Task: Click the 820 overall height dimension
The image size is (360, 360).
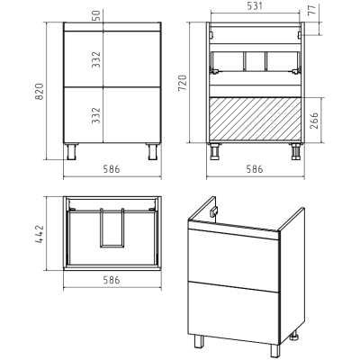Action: point(40,92)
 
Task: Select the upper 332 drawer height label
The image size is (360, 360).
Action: point(96,59)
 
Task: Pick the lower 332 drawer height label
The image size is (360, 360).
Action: point(96,115)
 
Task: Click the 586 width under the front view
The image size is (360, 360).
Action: point(112,169)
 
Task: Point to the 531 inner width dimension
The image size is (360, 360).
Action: point(254,5)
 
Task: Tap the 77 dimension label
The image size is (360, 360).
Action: point(312,10)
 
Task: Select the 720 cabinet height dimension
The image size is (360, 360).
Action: point(183,84)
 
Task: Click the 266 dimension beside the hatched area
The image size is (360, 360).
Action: point(314,121)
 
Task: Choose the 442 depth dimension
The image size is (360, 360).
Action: point(40,234)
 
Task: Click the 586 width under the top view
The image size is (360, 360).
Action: point(112,280)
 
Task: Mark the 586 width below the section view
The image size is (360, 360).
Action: point(255,169)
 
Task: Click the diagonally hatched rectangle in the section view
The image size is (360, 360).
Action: point(255,119)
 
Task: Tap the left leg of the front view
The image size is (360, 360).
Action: point(72,151)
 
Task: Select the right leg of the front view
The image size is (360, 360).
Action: point(152,151)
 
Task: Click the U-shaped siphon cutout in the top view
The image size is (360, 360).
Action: point(112,228)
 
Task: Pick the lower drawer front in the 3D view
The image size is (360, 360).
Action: point(234,312)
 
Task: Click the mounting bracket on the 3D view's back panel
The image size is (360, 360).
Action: point(214,211)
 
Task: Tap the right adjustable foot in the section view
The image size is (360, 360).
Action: point(295,152)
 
